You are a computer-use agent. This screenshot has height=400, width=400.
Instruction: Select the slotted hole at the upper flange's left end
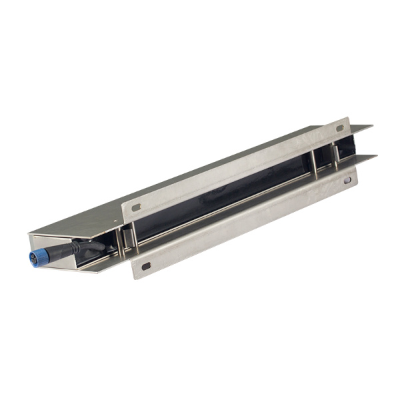click(136, 207)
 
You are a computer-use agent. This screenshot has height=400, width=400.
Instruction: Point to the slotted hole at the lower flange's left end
click(145, 267)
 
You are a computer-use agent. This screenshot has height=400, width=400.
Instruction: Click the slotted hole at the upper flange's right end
click(339, 131)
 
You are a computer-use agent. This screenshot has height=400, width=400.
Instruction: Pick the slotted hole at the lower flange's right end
click(347, 180)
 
